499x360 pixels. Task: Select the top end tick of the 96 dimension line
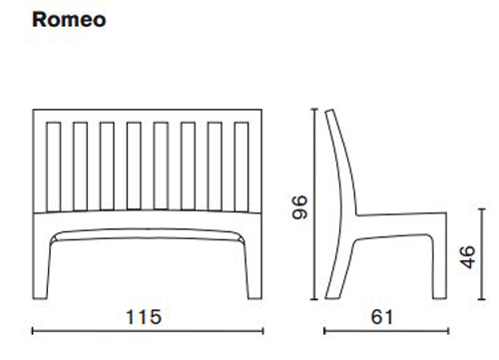315,108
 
